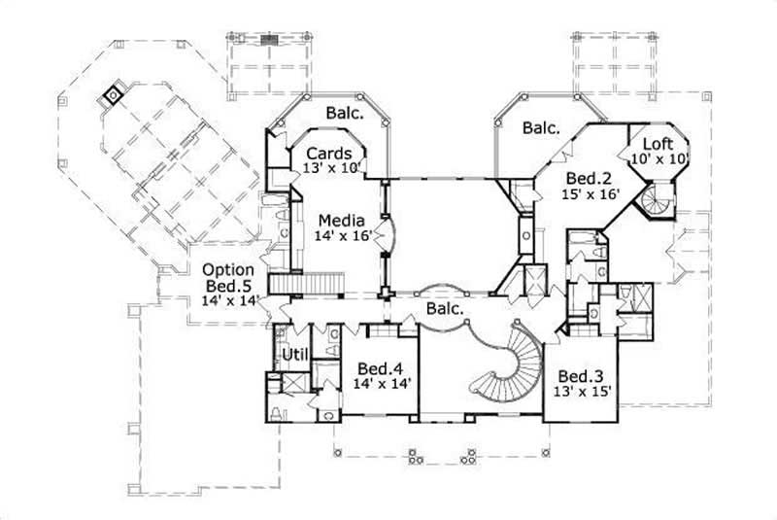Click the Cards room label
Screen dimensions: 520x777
click(x=328, y=154)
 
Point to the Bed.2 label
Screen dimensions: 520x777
click(x=588, y=179)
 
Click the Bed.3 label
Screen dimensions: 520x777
click(x=576, y=376)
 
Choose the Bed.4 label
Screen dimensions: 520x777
click(x=380, y=368)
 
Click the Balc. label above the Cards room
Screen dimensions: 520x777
click(x=344, y=114)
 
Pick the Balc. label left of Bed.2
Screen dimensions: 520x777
click(x=541, y=127)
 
